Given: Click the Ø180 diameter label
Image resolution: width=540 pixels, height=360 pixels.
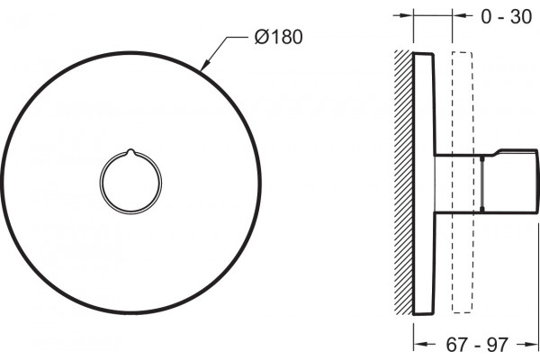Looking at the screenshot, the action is coord(279,37).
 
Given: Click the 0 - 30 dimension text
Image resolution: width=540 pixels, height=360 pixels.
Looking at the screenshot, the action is coord(506,16).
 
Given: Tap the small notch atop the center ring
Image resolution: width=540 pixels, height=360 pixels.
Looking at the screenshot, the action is coord(130,151).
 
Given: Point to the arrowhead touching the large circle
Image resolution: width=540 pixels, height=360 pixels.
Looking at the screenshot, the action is coord(205,65).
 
